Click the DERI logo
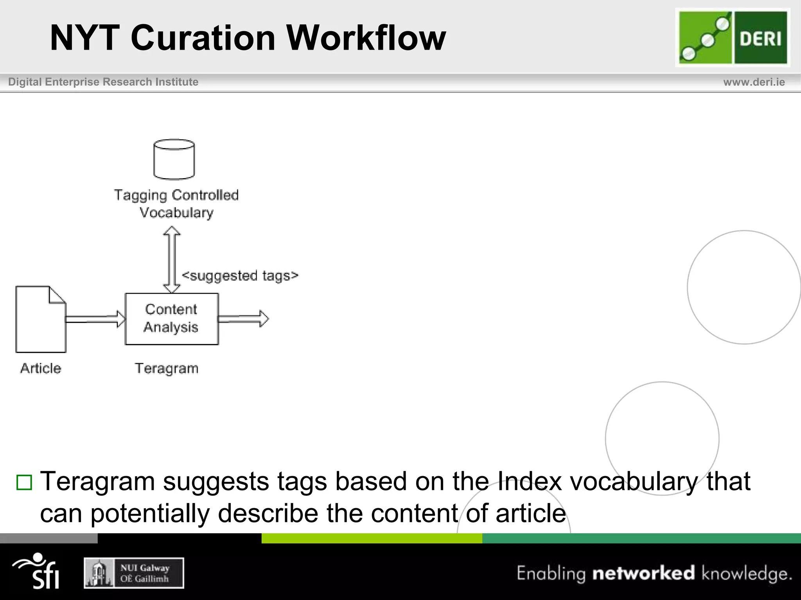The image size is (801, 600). (x=733, y=37)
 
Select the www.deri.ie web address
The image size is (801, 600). (x=754, y=82)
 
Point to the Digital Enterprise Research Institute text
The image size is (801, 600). (x=103, y=82)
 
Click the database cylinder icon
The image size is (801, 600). (x=174, y=159)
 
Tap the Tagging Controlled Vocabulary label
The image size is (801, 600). (x=176, y=204)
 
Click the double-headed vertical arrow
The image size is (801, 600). (x=172, y=260)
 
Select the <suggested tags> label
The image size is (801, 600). (x=240, y=275)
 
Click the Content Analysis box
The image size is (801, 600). (x=172, y=318)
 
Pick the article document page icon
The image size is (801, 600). (x=41, y=320)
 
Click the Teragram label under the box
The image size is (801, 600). (x=167, y=368)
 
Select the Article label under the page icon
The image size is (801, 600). (x=41, y=368)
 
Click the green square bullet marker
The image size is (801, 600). (x=24, y=482)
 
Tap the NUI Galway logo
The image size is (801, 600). (x=134, y=573)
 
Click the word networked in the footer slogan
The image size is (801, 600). (x=643, y=573)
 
